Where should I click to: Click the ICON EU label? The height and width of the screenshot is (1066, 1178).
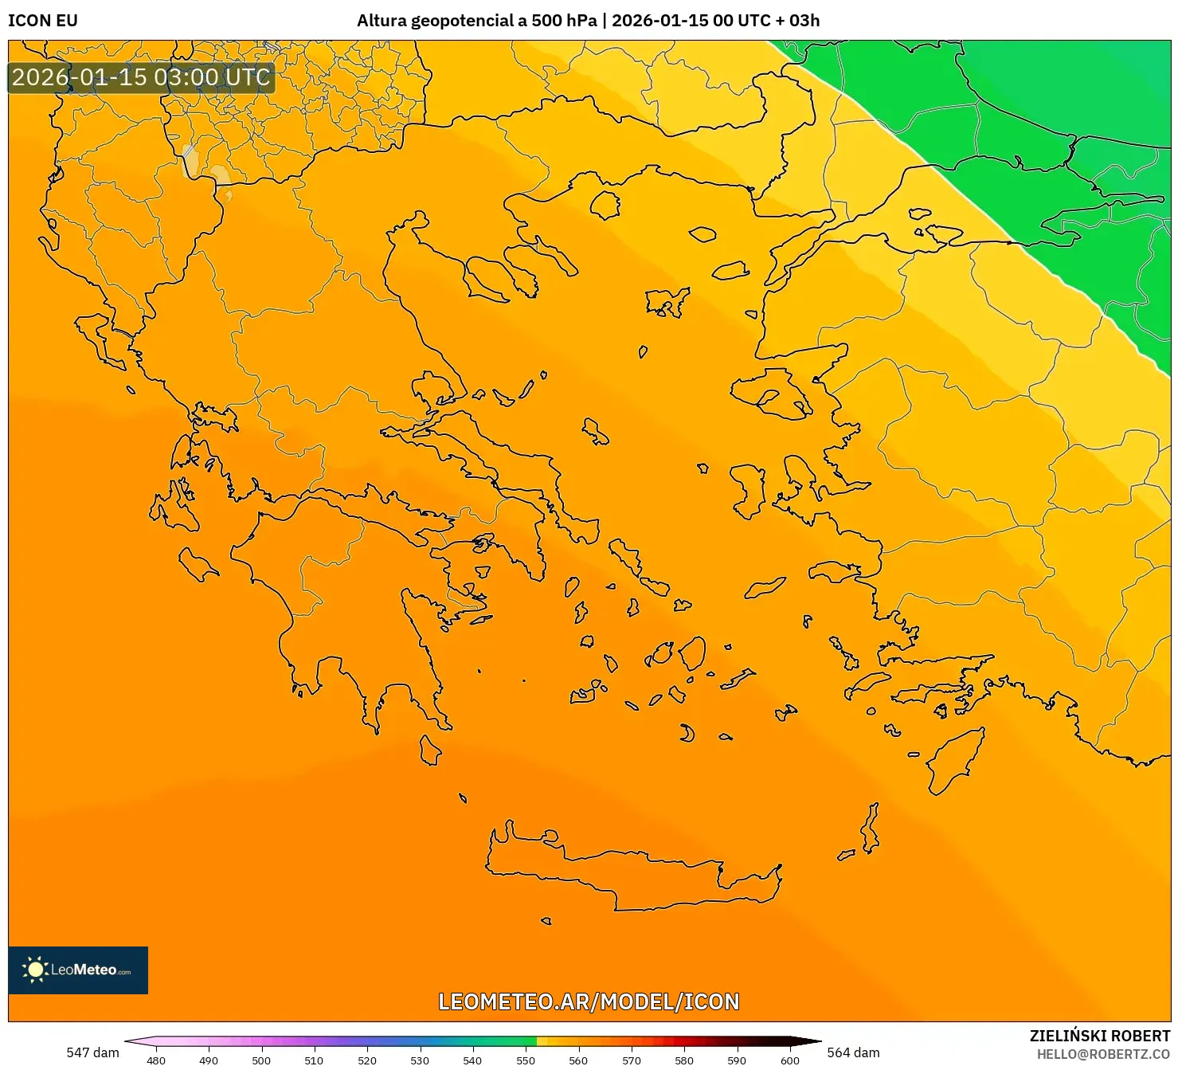43,21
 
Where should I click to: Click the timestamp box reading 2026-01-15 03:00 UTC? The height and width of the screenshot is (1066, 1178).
142,77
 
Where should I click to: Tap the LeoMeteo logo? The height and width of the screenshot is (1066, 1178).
78,970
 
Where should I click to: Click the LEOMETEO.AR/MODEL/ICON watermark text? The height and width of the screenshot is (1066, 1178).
589,1001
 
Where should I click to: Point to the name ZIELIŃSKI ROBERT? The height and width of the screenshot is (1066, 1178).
1099,1036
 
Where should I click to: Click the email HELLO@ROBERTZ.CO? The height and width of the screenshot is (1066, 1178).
1103,1054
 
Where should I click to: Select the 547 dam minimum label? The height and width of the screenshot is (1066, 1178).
92,1052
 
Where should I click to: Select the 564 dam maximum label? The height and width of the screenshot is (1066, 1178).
853,1052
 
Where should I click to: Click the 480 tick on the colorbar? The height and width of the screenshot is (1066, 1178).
156,1060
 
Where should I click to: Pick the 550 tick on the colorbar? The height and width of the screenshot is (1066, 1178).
526,1060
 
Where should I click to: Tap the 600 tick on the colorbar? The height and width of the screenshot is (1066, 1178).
789,1060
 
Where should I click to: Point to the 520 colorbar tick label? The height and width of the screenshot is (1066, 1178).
367,1060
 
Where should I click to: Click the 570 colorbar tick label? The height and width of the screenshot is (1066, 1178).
632,1060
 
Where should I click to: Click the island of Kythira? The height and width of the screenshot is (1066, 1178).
430,750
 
